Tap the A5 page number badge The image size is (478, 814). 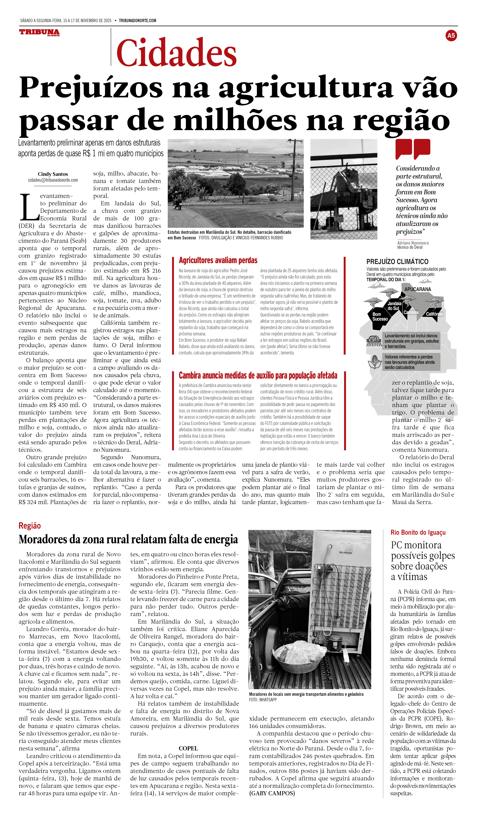coord(451,36)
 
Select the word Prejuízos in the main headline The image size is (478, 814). coord(91,88)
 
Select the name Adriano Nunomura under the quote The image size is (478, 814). coord(413,243)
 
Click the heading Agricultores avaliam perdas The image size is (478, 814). coord(218,260)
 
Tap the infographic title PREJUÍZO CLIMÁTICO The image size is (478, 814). coord(397,262)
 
